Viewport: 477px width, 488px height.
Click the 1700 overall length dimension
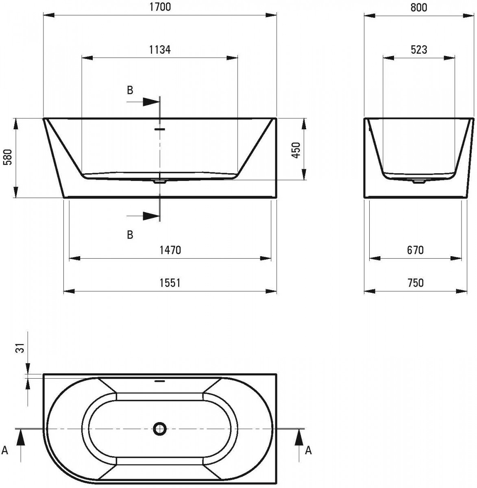[x=160, y=7]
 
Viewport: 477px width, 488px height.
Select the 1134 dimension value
[x=160, y=50]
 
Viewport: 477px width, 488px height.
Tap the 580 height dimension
[x=9, y=157]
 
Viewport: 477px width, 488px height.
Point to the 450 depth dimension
[x=296, y=150]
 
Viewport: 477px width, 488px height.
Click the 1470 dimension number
[x=170, y=250]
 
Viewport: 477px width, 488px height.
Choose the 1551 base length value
[x=170, y=283]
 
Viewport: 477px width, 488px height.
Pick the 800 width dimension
[x=419, y=7]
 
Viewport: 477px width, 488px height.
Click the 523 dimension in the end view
[x=419, y=50]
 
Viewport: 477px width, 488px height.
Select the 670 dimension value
[x=415, y=250]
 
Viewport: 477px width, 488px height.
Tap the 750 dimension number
[x=415, y=283]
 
